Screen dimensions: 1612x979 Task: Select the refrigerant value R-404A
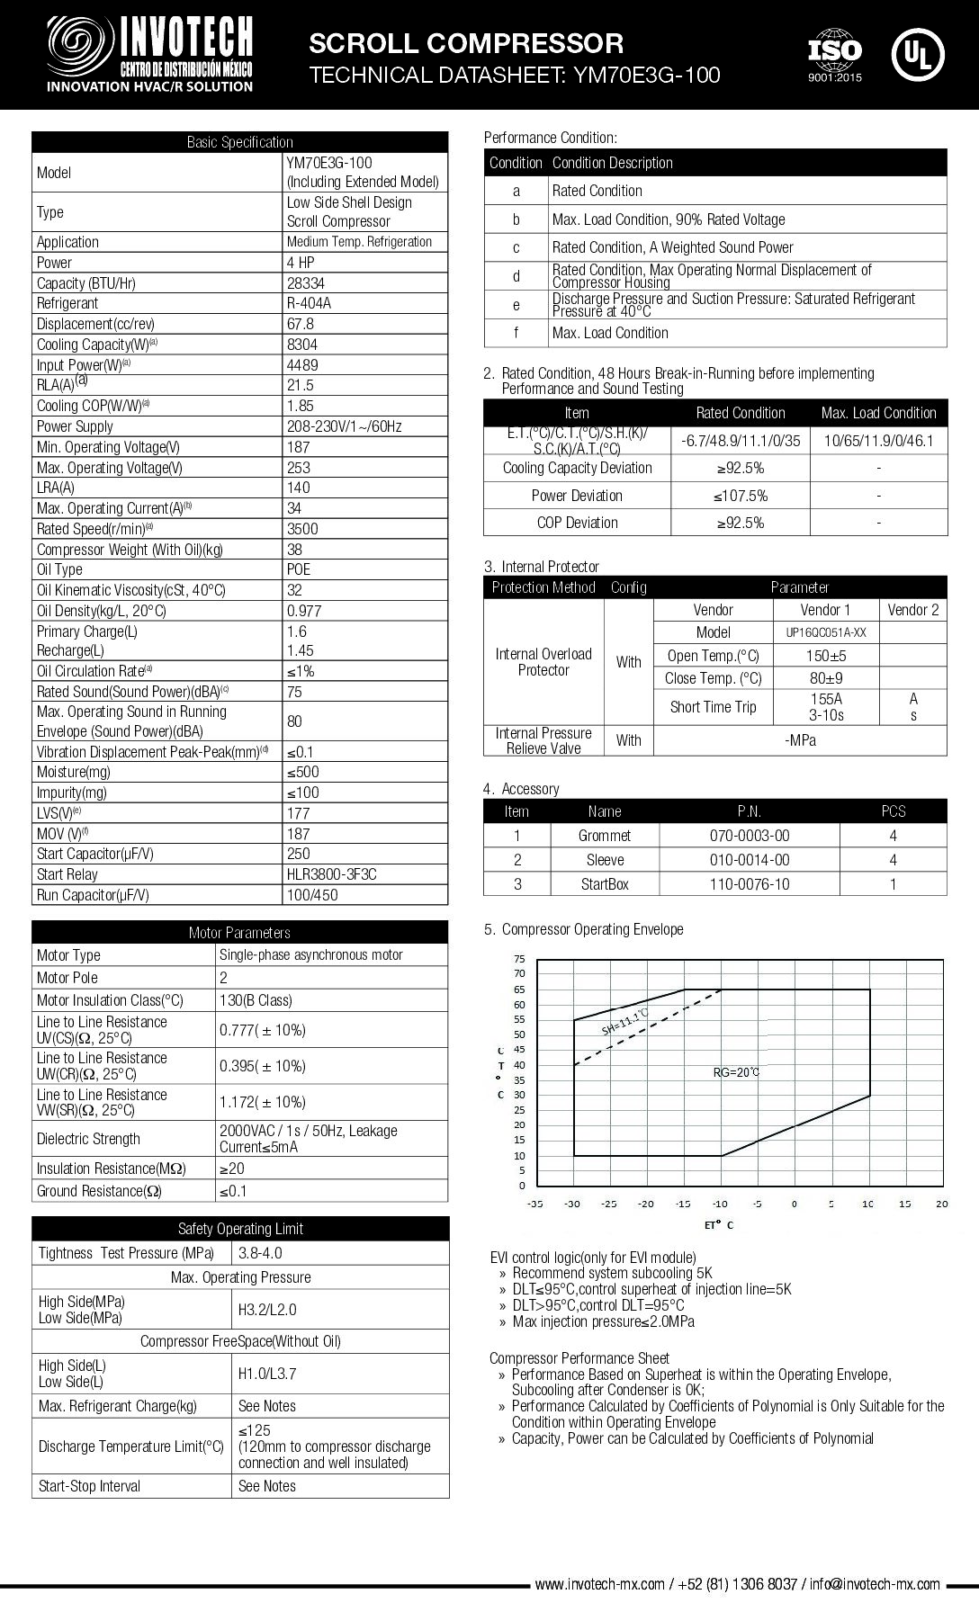point(309,303)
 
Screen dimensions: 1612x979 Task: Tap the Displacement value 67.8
point(301,324)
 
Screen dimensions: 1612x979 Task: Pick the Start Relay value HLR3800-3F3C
point(331,874)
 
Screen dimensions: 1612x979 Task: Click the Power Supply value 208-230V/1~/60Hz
point(344,426)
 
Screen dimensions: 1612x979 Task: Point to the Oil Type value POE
point(299,569)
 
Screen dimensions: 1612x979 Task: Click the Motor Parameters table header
point(239,933)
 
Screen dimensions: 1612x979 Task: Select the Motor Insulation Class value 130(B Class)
point(256,1000)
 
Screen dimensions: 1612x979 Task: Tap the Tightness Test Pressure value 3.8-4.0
point(261,1253)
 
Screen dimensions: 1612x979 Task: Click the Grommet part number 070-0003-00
point(749,836)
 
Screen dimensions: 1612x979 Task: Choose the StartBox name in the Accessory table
point(605,884)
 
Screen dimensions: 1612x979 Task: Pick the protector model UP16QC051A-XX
point(825,632)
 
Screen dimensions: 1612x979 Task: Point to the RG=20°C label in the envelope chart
point(736,1072)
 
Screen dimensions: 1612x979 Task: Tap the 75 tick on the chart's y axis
point(519,959)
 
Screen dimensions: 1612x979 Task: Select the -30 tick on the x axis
point(572,1204)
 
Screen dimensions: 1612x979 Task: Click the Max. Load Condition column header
point(878,413)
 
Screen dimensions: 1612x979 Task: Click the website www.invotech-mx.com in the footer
point(599,1584)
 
